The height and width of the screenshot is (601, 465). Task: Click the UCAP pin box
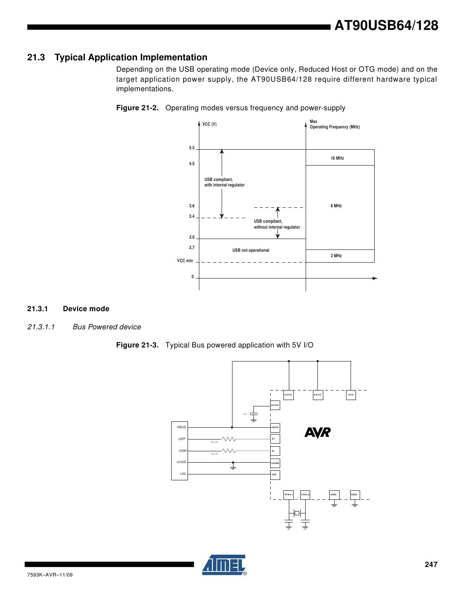pyautogui.click(x=275, y=405)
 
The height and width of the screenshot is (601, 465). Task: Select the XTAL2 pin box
pyautogui.click(x=305, y=494)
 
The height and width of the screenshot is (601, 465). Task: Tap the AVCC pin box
pyautogui.click(x=318, y=395)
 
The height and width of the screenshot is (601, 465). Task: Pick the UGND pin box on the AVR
pyautogui.click(x=275, y=463)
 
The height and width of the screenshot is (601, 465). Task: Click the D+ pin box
pyautogui.click(x=275, y=439)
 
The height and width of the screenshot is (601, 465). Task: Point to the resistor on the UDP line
pyautogui.click(x=228, y=439)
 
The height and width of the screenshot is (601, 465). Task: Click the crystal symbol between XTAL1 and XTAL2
pyautogui.click(x=297, y=513)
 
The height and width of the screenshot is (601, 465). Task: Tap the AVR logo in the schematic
pyautogui.click(x=317, y=433)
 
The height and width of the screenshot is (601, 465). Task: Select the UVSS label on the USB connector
pyautogui.click(x=181, y=462)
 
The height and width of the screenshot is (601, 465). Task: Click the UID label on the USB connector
pyautogui.click(x=183, y=474)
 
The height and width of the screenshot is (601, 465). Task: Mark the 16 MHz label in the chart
pyautogui.click(x=337, y=158)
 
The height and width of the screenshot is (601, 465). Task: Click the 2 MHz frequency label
pyautogui.click(x=336, y=256)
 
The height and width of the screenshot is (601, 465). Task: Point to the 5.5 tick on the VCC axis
pyautogui.click(x=192, y=148)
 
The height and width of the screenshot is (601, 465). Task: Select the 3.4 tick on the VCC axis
pyautogui.click(x=192, y=217)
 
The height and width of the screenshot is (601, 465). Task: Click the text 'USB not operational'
pyautogui.click(x=251, y=250)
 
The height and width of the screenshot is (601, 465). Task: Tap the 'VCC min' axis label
pyautogui.click(x=185, y=261)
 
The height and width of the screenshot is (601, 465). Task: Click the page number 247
pyautogui.click(x=431, y=565)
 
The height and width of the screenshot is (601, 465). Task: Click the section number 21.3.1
pyautogui.click(x=38, y=309)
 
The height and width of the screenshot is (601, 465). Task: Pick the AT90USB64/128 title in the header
pyautogui.click(x=386, y=26)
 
